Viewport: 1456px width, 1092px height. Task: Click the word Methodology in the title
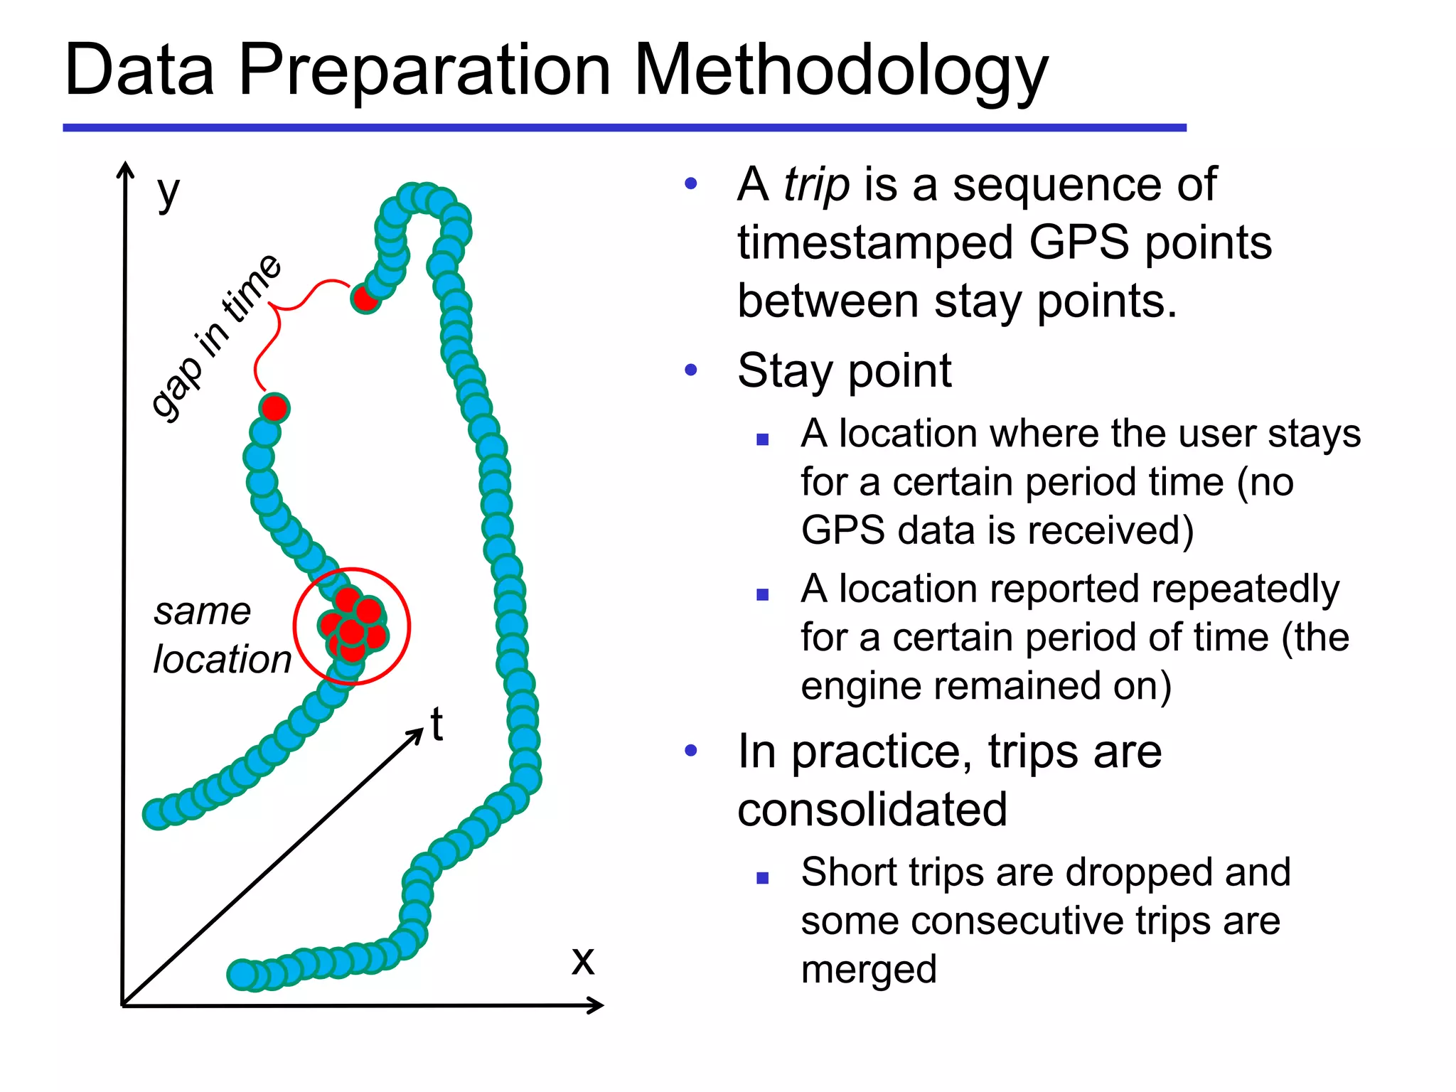click(x=840, y=71)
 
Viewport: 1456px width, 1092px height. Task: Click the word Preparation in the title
click(x=424, y=71)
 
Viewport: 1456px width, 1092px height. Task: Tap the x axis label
click(x=583, y=960)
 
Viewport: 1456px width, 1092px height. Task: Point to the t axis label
click(x=437, y=724)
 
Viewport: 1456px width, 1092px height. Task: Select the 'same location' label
click(x=221, y=635)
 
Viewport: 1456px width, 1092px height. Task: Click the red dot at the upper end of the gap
click(x=365, y=298)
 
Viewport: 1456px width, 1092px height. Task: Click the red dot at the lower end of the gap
click(x=274, y=408)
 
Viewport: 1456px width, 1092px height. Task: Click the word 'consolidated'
click(x=872, y=810)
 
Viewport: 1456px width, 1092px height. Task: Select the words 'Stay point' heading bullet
click(x=844, y=371)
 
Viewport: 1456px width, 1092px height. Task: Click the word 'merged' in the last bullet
click(x=869, y=970)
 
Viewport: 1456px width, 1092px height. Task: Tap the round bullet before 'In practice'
click(x=691, y=751)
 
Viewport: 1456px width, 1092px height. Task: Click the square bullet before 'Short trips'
click(x=763, y=878)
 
